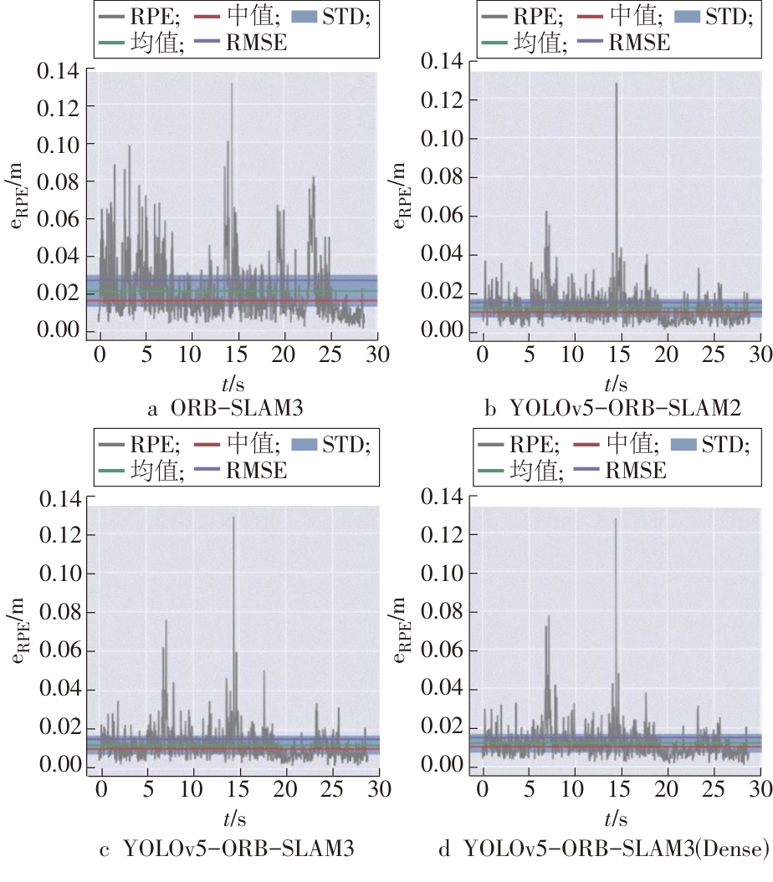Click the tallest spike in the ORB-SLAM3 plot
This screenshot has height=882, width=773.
(232, 84)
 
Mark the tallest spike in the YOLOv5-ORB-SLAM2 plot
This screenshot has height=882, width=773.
(617, 84)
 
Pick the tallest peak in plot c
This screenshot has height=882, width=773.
(233, 517)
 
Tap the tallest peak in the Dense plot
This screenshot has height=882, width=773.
(616, 519)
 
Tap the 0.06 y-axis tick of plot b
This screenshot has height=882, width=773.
(441, 216)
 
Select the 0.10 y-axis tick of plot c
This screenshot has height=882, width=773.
(58, 574)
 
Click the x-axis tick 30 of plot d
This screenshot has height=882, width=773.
(760, 788)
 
